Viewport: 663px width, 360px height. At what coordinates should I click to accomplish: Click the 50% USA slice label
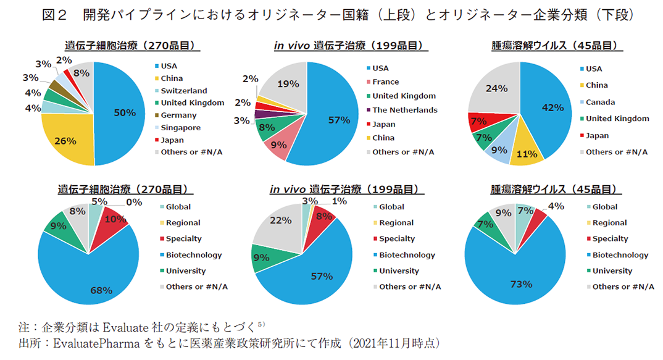(x=125, y=112)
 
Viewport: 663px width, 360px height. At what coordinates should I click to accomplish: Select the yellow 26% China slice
(x=65, y=141)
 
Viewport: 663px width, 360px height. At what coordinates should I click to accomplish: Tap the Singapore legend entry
(x=180, y=127)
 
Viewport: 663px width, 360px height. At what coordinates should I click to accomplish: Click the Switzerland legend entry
(x=184, y=91)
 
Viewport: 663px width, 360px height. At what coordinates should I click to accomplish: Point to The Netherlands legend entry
(x=404, y=110)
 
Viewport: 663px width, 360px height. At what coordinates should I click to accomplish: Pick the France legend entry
(x=385, y=82)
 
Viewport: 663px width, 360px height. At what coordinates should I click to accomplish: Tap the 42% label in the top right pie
(x=552, y=107)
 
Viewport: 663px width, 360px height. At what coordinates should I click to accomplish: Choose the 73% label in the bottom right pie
(x=520, y=284)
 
